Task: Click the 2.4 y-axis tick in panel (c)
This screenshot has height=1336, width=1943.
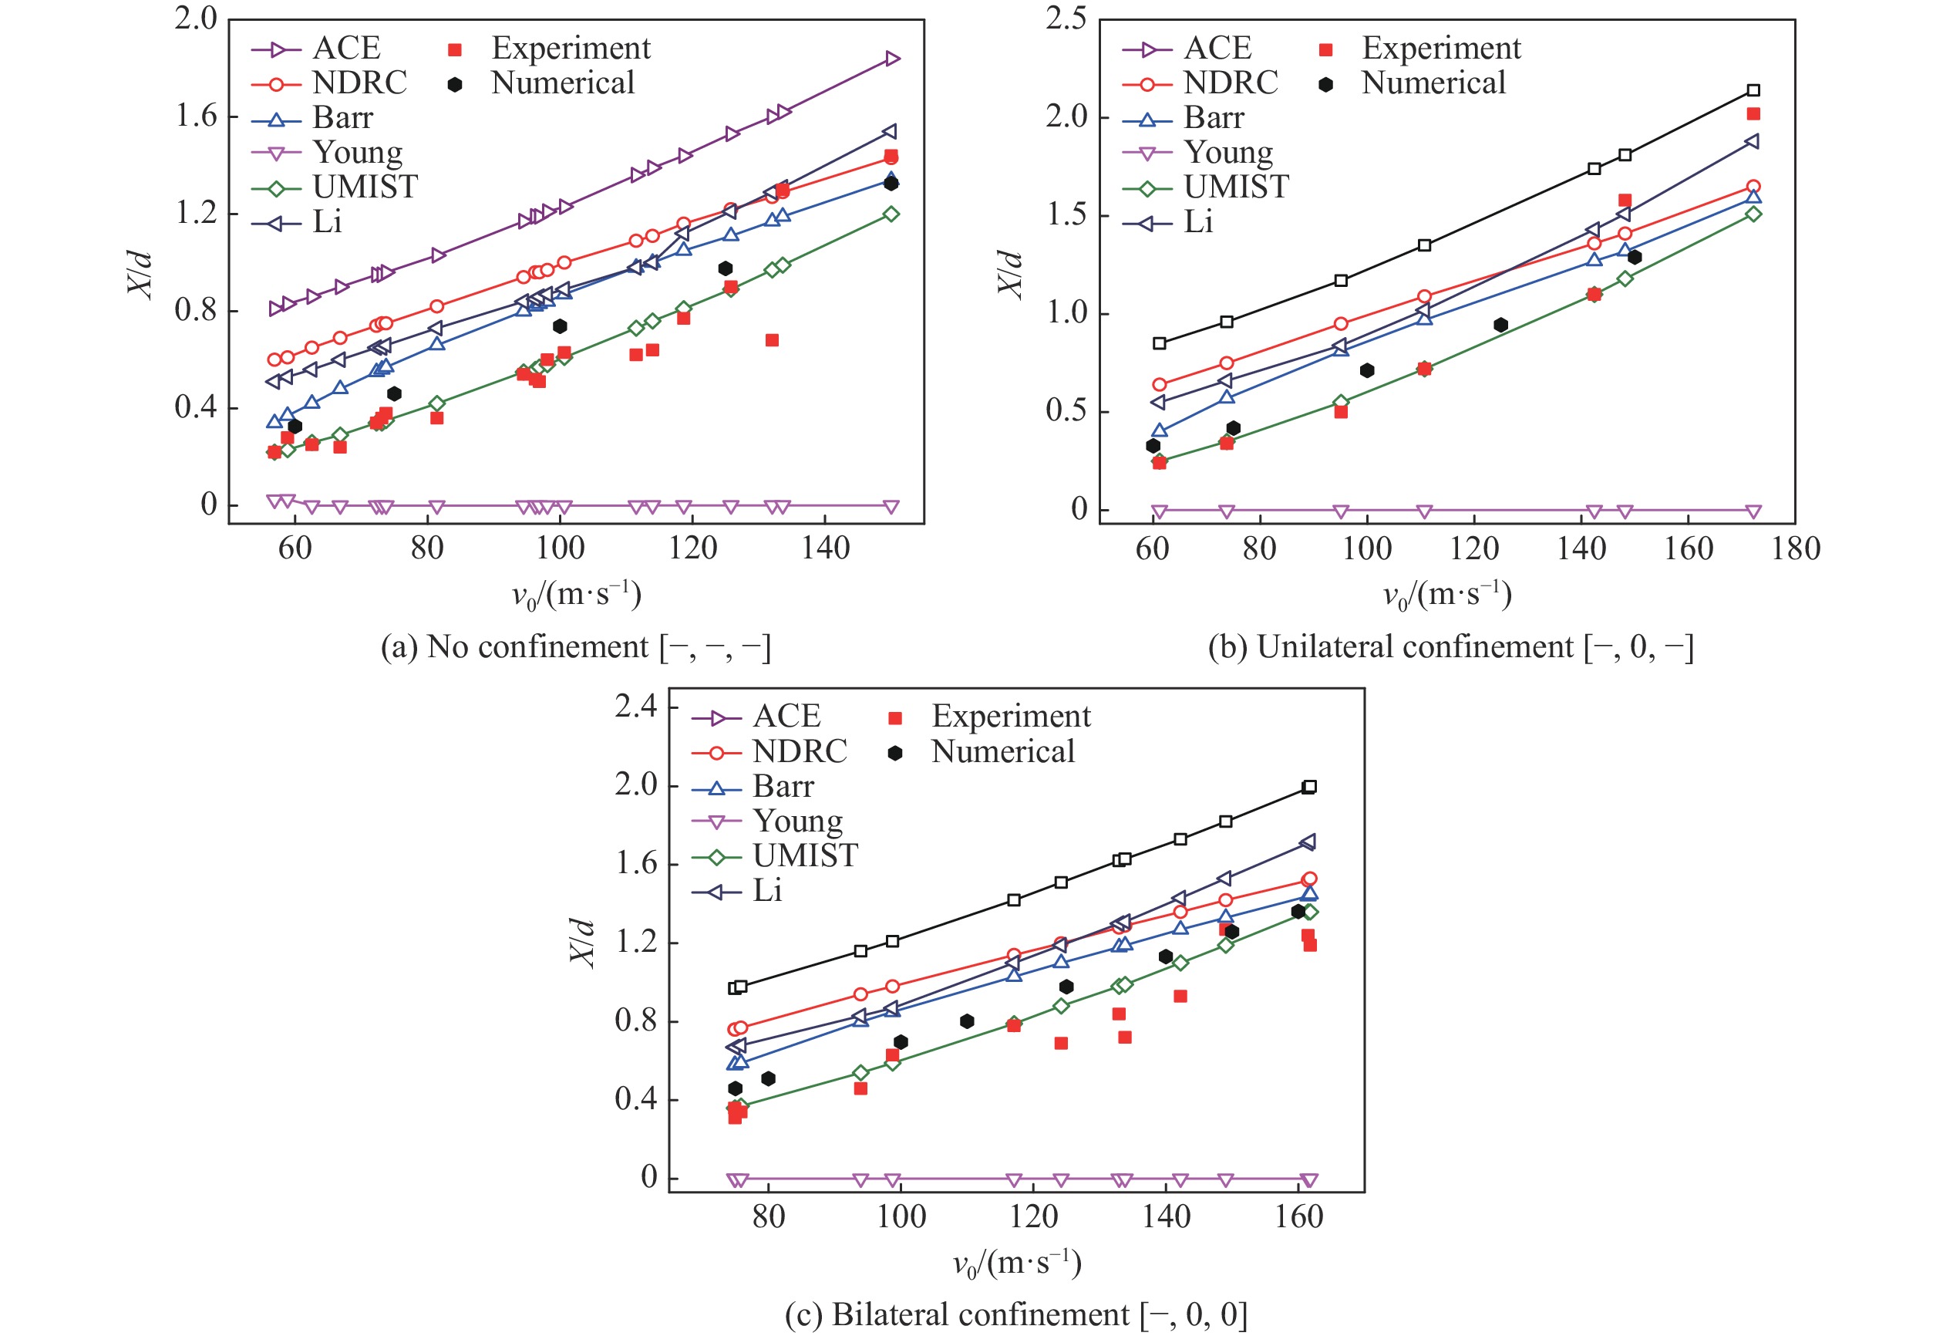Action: [x=636, y=707]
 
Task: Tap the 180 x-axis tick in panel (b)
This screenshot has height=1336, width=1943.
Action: [x=1796, y=549]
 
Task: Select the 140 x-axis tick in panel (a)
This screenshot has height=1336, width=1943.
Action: [x=825, y=549]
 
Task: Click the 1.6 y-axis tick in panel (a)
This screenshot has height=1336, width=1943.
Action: [x=195, y=116]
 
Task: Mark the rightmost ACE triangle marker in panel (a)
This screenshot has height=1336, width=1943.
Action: [x=892, y=59]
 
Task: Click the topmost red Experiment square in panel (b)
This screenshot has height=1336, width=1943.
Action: [x=1753, y=114]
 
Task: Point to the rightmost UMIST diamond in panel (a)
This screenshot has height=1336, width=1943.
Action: [x=891, y=214]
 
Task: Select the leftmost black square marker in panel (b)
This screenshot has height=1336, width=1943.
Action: [x=1159, y=343]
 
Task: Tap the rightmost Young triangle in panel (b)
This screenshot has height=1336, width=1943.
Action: [x=1753, y=511]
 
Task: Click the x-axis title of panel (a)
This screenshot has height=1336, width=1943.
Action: [x=577, y=595]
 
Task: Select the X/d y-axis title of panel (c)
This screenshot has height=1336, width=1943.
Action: [x=582, y=942]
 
